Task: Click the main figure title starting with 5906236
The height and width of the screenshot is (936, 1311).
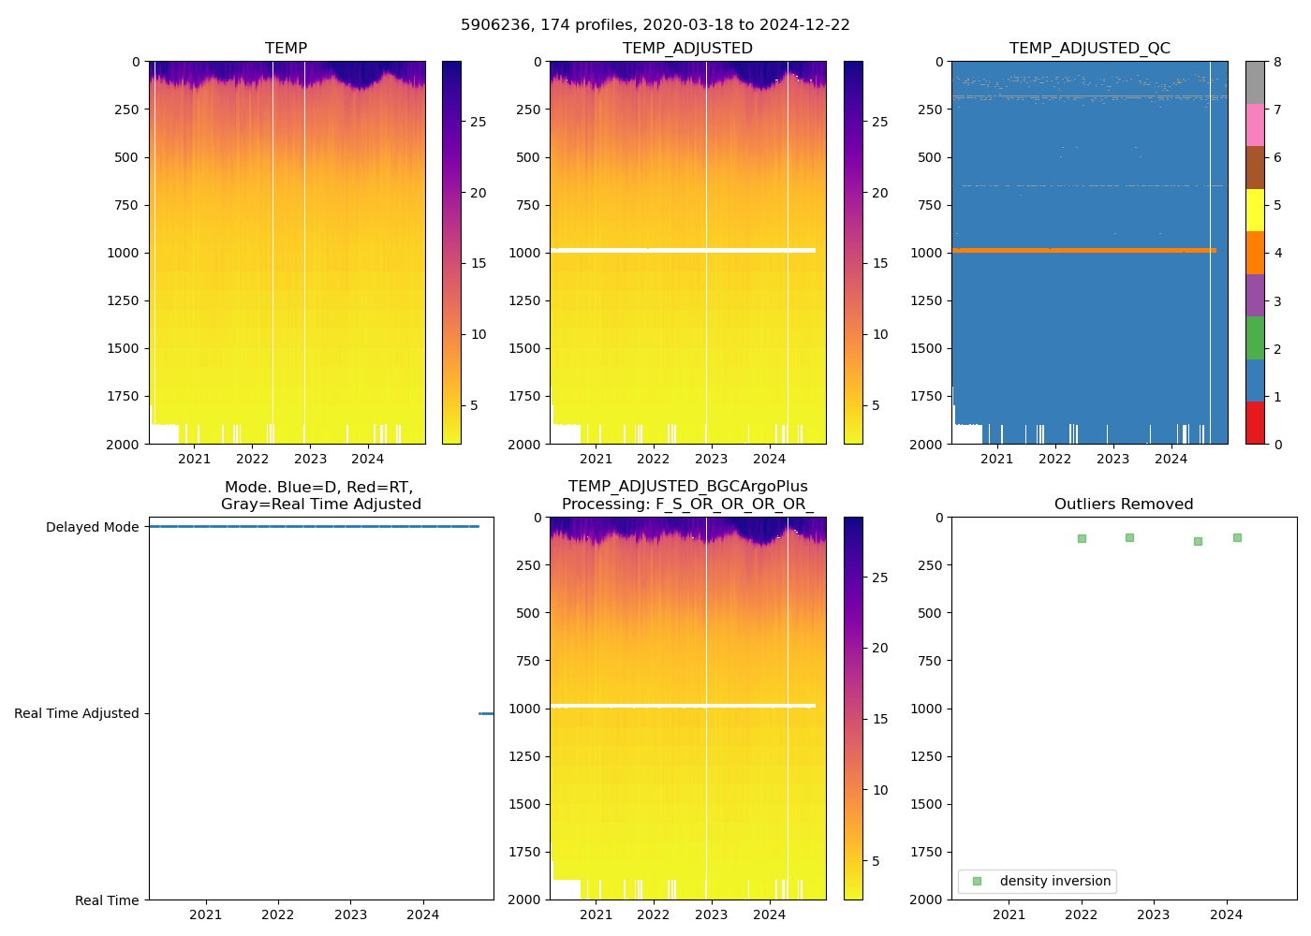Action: click(655, 25)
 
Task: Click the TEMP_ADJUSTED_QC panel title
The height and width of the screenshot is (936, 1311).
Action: click(1089, 48)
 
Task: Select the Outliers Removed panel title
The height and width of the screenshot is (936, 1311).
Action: click(1124, 504)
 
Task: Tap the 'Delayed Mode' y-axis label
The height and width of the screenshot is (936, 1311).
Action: click(92, 527)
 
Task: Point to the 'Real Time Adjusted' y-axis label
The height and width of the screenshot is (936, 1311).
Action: click(77, 713)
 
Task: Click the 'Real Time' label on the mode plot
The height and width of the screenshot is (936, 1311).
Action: click(107, 900)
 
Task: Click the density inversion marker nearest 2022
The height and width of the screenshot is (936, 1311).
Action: click(1082, 538)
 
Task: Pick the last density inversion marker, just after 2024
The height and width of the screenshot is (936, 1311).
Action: click(1237, 537)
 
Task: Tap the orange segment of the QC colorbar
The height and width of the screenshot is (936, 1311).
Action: click(1255, 253)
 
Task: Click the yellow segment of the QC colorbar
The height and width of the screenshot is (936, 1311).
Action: click(1255, 210)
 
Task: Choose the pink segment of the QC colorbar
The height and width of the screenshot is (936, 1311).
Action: click(1255, 124)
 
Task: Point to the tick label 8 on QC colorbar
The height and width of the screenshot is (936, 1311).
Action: click(1277, 62)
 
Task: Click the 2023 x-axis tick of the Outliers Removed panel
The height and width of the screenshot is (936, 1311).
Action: click(1154, 914)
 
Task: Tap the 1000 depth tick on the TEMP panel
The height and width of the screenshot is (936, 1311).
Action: click(123, 253)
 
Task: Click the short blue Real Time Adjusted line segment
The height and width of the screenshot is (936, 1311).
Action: click(486, 713)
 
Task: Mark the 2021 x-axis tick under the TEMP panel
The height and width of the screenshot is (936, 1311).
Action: click(195, 459)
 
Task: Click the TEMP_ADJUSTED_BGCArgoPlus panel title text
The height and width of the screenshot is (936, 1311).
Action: click(687, 487)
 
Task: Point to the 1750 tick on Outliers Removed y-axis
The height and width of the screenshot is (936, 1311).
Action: click(928, 852)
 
